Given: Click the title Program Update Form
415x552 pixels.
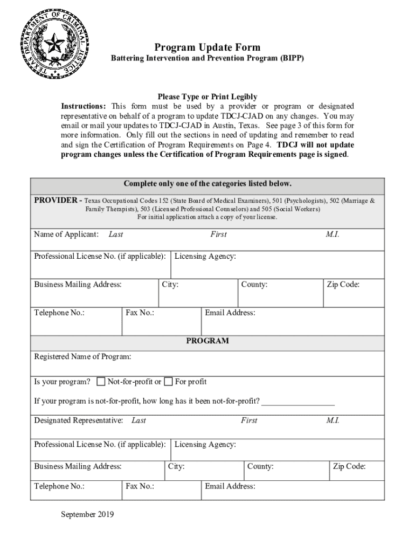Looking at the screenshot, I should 207,47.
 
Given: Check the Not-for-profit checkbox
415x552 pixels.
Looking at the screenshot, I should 101,382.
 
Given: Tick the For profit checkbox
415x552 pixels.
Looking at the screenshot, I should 168,382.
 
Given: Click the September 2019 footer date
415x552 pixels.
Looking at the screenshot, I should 87,514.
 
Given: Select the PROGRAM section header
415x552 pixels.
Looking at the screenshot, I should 207,341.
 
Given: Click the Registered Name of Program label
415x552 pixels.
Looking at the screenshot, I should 82,357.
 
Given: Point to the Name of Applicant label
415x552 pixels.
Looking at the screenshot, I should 66,234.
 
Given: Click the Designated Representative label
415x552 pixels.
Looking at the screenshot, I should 78,420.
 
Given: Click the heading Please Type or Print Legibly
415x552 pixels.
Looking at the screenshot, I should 207,97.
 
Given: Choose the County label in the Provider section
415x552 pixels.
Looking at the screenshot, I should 254,285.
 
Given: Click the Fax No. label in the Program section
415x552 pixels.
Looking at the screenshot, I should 140,486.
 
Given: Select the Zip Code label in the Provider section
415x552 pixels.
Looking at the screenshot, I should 343,285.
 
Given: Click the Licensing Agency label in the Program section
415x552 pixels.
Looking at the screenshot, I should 205,445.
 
